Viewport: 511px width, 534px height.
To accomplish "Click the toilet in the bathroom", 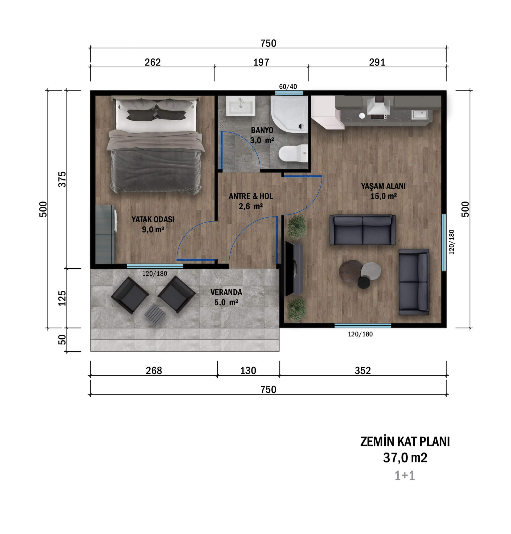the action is tap(293, 154).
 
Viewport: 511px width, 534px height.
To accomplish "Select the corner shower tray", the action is tap(289, 114).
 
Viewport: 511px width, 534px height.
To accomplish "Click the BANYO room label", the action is tap(262, 130).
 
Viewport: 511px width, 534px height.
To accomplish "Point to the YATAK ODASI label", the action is tap(153, 219).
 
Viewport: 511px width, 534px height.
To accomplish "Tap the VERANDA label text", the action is tap(226, 292).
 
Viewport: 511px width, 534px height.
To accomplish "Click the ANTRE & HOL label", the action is tap(251, 196).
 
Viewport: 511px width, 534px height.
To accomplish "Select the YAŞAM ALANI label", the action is tap(383, 186).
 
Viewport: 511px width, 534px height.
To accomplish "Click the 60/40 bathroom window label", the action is tap(288, 87).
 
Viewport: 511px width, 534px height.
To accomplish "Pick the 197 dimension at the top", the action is tap(261, 62).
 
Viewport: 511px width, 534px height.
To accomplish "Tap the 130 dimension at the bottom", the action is tap(248, 371).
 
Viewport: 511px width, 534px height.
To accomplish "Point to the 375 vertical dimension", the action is tap(62, 179).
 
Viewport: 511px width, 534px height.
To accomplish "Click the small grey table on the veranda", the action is tap(155, 314).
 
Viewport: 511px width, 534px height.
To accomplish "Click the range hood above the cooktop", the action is tap(378, 105).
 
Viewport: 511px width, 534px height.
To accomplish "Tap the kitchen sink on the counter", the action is tap(419, 114).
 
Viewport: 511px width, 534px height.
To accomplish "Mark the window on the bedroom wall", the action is tap(155, 266).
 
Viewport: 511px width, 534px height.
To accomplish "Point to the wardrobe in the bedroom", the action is tap(105, 234).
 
